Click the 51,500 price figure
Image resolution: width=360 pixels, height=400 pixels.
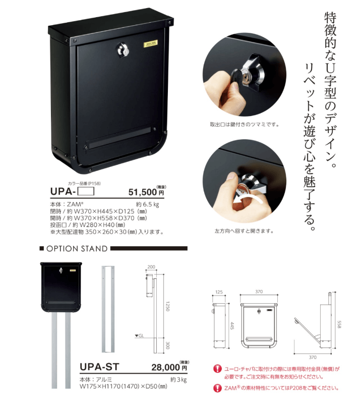tap(142, 192)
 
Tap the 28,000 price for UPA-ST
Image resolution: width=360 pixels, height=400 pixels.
tap(165, 367)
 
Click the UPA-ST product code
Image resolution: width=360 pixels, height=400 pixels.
tap(99, 367)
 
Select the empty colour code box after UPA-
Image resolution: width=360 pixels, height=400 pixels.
tap(86, 191)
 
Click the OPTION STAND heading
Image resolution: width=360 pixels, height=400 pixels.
tap(77, 249)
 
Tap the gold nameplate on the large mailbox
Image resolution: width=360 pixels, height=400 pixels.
tap(151, 44)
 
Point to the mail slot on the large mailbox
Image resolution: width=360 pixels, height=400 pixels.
tap(119, 137)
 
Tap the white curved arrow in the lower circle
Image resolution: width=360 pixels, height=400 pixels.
tap(247, 199)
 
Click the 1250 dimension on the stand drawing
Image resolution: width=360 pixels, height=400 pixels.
tap(167, 306)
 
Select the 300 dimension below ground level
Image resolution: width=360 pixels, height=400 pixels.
tap(167, 346)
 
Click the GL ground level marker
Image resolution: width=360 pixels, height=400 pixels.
tap(140, 335)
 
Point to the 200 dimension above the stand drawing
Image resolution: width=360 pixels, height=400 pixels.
tap(151, 267)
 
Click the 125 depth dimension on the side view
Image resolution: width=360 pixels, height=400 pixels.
tap(219, 292)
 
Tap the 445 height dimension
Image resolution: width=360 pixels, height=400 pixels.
tap(232, 325)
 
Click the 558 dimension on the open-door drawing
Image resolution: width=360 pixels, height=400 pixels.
tap(339, 324)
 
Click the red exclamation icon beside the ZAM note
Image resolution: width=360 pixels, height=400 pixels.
tap(217, 388)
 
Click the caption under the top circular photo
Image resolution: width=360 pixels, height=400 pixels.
tap(245, 125)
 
